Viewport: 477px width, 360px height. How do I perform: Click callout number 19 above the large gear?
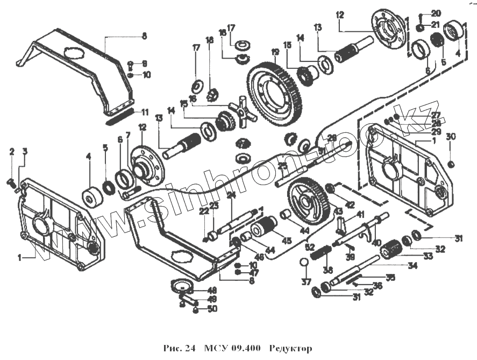pyautogui.click(x=275, y=52)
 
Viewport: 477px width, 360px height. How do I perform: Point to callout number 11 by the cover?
pyautogui.click(x=145, y=112)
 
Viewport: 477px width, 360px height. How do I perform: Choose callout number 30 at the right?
pyautogui.click(x=451, y=137)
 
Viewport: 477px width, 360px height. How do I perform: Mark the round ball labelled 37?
pyautogui.click(x=304, y=262)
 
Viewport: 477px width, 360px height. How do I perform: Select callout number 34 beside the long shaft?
pyautogui.click(x=411, y=265)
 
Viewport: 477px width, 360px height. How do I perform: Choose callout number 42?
pyautogui.click(x=350, y=204)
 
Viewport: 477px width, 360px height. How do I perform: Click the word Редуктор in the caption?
pyautogui.click(x=290, y=349)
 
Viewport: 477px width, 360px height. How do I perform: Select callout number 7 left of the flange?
pyautogui.click(x=128, y=135)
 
